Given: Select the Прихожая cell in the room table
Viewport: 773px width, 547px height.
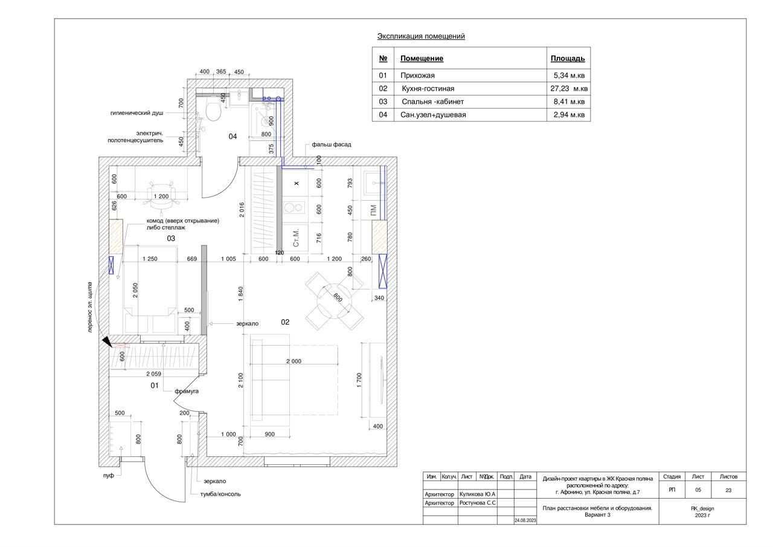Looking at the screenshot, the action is point(417,76).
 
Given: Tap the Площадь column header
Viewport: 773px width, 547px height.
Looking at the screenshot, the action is point(567,59).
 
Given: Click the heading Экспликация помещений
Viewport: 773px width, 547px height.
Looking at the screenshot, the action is point(421,36).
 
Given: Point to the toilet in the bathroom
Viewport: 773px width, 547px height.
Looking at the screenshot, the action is point(213,110).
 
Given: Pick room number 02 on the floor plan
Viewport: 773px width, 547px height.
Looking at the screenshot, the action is point(285,322).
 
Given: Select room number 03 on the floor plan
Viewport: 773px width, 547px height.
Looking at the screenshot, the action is point(171,239).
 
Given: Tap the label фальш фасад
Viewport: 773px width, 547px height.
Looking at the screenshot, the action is point(331,145).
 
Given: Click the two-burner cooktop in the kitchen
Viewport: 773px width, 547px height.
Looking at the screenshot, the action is point(294,208).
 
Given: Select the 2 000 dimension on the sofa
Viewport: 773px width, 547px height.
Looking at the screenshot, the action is point(293,361).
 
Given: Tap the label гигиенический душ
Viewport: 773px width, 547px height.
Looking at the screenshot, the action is point(136,112).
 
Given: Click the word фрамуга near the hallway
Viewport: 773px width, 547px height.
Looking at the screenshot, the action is point(187,391).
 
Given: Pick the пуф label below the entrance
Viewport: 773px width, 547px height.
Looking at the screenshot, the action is point(108,476).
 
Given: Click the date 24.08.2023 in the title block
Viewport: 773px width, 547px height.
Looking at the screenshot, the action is point(525,520).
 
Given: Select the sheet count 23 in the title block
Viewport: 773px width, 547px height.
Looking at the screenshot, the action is point(728,490).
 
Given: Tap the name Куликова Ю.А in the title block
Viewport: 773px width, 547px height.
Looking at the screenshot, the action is point(477,494).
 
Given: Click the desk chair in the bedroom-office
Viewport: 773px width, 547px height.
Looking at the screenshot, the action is point(160,195).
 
